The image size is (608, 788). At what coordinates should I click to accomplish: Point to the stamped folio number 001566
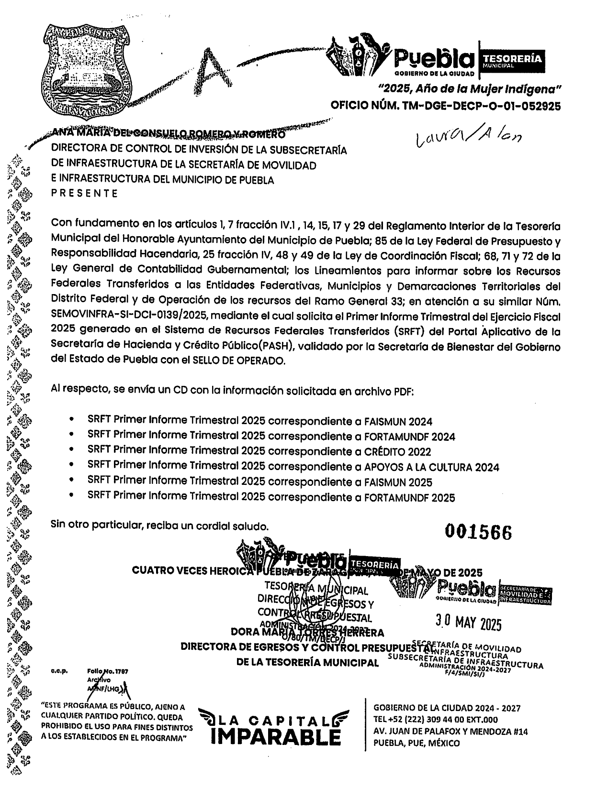click(478, 532)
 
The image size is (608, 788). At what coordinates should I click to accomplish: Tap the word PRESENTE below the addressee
click(84, 193)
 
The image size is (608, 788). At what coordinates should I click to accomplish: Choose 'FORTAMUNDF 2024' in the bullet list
click(409, 437)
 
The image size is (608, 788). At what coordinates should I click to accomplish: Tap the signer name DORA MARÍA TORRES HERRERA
click(307, 633)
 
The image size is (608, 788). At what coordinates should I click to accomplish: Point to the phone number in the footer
click(435, 720)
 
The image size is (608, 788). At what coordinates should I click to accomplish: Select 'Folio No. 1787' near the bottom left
click(108, 671)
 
